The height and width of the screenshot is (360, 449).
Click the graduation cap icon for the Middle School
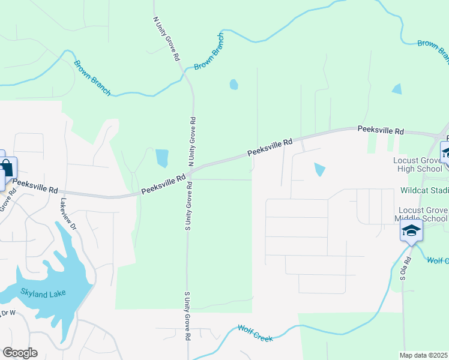point(411,230)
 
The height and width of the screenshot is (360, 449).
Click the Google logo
point(20,353)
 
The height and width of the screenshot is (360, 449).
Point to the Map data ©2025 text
point(424,355)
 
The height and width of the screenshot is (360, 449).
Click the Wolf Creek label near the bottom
point(256,333)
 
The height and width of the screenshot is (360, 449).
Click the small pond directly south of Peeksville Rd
point(319,170)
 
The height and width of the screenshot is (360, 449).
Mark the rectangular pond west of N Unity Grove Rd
point(162,158)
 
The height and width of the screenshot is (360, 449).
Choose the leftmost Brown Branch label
point(92,77)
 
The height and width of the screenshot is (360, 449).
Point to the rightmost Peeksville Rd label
point(381,130)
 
